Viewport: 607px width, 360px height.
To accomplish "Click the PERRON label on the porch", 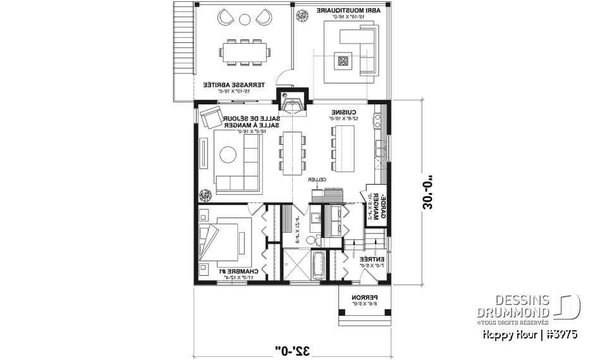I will (x=365, y=297).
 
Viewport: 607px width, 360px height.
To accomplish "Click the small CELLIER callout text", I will (x=317, y=180).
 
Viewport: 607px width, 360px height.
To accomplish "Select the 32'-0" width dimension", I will (x=292, y=349).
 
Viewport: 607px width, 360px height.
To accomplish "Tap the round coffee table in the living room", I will (x=228, y=154).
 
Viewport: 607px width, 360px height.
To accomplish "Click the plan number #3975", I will (x=562, y=334).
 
